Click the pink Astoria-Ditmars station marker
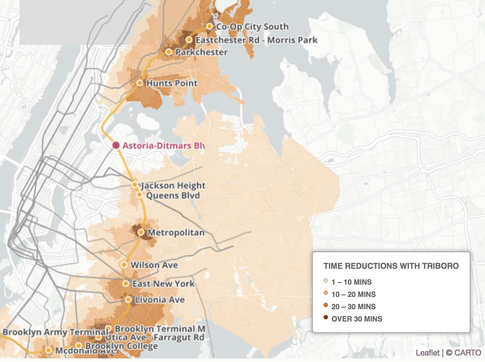coord(116,145)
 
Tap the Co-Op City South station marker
coord(209,26)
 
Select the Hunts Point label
coord(172,83)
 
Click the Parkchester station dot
coord(169,52)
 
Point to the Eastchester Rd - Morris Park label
coord(256,40)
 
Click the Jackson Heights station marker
coord(135,185)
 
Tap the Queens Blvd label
coord(173,195)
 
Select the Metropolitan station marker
coord(141,232)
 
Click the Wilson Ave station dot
coord(124,265)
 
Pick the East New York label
coord(163,284)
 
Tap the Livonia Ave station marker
coord(128,299)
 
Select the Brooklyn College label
coord(122,346)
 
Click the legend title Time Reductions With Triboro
coord(391,266)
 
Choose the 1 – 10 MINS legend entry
coord(351,282)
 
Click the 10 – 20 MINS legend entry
coord(353,294)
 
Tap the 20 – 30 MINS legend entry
coord(353,307)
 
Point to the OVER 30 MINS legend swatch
coord(326,318)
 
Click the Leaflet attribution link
coord(427,353)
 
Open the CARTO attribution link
coord(468,353)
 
